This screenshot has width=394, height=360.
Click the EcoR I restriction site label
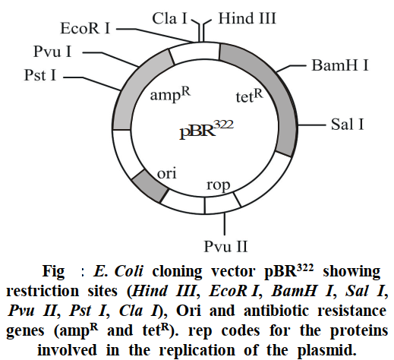(x=85, y=28)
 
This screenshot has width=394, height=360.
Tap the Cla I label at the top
(x=169, y=18)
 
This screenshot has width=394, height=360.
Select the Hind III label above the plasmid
(x=247, y=18)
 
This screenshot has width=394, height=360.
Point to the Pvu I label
(x=52, y=52)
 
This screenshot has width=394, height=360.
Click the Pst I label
(x=40, y=75)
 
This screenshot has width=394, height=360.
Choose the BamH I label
(x=339, y=65)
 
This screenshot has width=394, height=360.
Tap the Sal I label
(x=347, y=125)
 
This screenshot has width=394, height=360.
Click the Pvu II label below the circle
(x=225, y=246)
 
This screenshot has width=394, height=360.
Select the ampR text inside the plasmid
(x=170, y=94)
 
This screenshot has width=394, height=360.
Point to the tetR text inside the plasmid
(x=249, y=96)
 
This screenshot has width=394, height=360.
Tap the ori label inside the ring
(x=166, y=173)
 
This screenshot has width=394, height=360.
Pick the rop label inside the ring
(x=218, y=185)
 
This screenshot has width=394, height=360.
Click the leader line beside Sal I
(x=311, y=125)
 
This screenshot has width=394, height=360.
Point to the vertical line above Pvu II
(x=225, y=224)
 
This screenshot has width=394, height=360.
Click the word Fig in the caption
(x=53, y=272)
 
